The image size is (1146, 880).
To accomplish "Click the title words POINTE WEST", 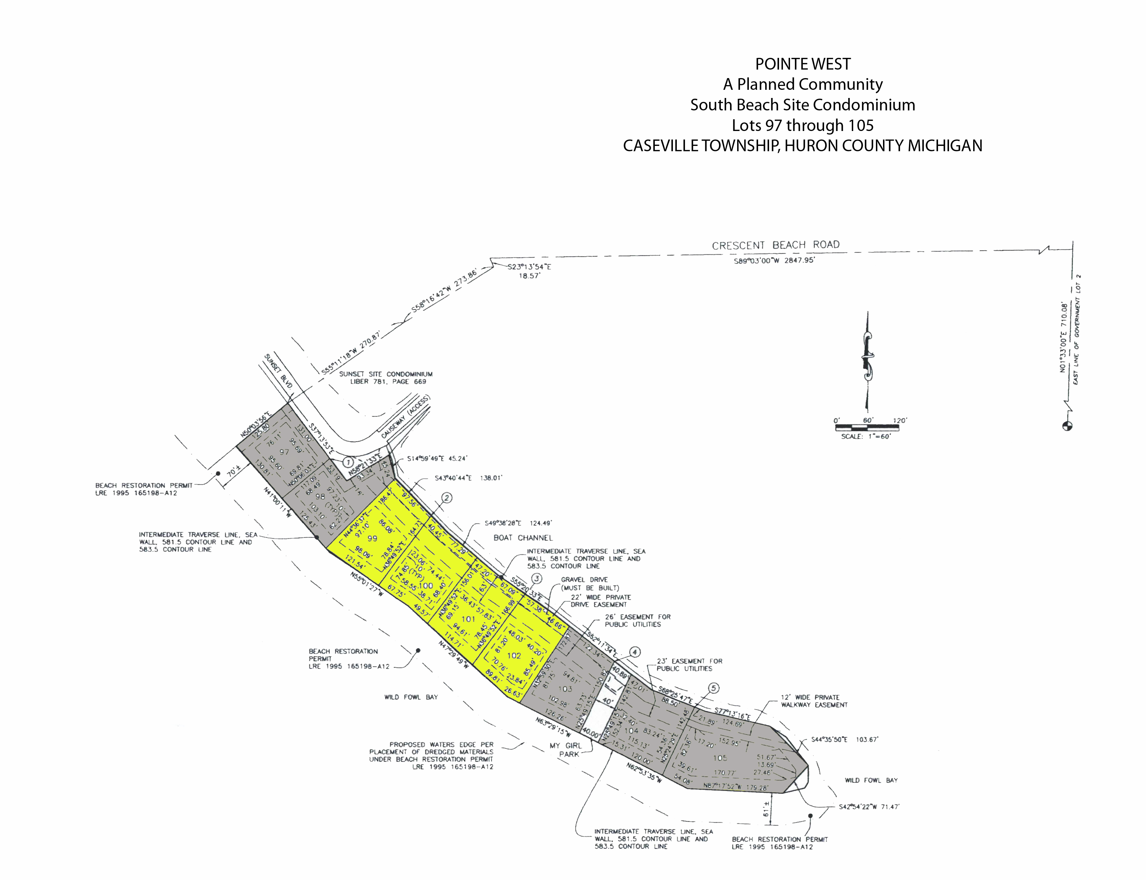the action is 802,64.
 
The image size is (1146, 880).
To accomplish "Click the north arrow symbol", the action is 867,361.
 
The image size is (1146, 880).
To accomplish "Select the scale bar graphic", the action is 867,427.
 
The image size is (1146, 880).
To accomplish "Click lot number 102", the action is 514,655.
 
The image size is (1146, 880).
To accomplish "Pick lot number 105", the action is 720,758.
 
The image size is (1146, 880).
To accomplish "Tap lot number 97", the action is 284,452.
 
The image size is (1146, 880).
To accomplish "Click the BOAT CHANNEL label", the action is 523,537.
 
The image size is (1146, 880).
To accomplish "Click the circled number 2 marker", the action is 447,498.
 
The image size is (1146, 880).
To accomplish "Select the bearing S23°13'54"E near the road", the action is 529,267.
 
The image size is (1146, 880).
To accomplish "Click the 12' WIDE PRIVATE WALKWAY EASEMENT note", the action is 813,701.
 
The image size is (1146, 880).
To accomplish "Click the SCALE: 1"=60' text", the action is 865,436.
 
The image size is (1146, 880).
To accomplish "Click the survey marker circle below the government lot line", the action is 1067,426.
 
